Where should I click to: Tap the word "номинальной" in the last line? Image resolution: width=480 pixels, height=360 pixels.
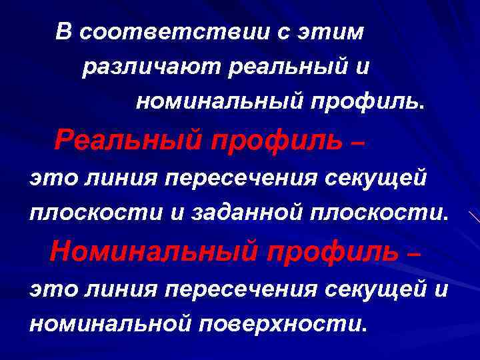coord(110,324)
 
